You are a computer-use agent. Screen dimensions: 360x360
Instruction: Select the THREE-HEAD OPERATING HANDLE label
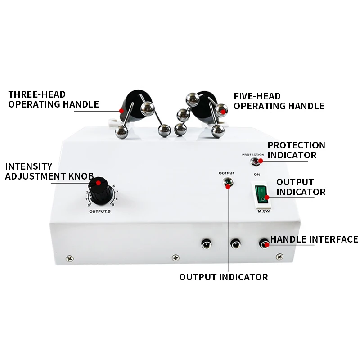pyautogui.click(x=53, y=99)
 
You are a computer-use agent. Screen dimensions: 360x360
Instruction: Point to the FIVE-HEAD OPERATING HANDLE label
pyautogui.click(x=279, y=101)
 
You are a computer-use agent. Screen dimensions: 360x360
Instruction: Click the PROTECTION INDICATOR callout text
pyautogui.click(x=296, y=150)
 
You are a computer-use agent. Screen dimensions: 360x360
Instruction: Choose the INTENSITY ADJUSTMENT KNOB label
pyautogui.click(x=49, y=171)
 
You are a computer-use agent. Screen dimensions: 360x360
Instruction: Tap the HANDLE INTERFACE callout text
pyautogui.click(x=314, y=239)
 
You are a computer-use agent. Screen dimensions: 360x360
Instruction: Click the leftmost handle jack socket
pyautogui.click(x=206, y=244)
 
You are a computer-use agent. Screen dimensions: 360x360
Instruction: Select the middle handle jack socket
pyautogui.click(x=235, y=244)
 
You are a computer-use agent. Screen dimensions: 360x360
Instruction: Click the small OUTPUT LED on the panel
pyautogui.click(x=228, y=182)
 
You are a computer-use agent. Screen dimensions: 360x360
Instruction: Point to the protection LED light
pyautogui.click(x=255, y=161)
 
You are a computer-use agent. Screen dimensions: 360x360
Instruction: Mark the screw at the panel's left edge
pyautogui.click(x=69, y=258)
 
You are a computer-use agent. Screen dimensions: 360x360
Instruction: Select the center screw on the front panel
pyautogui.click(x=175, y=258)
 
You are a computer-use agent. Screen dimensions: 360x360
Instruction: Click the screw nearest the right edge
pyautogui.click(x=279, y=257)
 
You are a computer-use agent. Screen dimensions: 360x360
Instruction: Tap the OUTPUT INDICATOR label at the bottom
pyautogui.click(x=223, y=277)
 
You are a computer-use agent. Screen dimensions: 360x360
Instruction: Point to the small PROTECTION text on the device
pyautogui.click(x=253, y=155)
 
